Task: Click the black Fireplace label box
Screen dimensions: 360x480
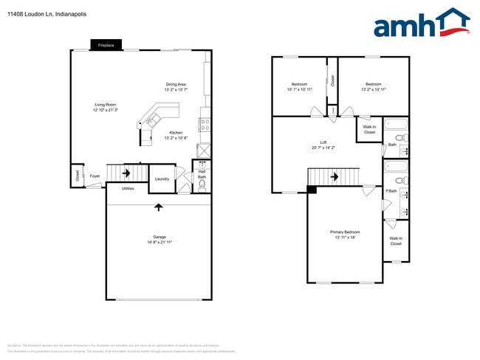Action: [106, 46]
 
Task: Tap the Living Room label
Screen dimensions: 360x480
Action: [105, 104]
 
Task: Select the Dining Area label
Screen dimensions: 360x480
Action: [176, 83]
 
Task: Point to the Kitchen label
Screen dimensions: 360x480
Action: [176, 133]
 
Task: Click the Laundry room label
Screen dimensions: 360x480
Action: [162, 179]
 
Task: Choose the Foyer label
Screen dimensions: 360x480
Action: [95, 176]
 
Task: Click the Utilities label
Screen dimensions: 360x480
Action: [128, 189]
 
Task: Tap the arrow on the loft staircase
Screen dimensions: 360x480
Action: [335, 177]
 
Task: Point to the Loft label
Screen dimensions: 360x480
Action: [323, 142]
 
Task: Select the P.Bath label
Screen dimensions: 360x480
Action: [391, 192]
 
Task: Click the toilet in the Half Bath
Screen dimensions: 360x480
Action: [201, 185]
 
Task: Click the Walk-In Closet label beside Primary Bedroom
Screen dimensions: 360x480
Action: [396, 240]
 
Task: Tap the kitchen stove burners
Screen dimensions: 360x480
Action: [205, 125]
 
